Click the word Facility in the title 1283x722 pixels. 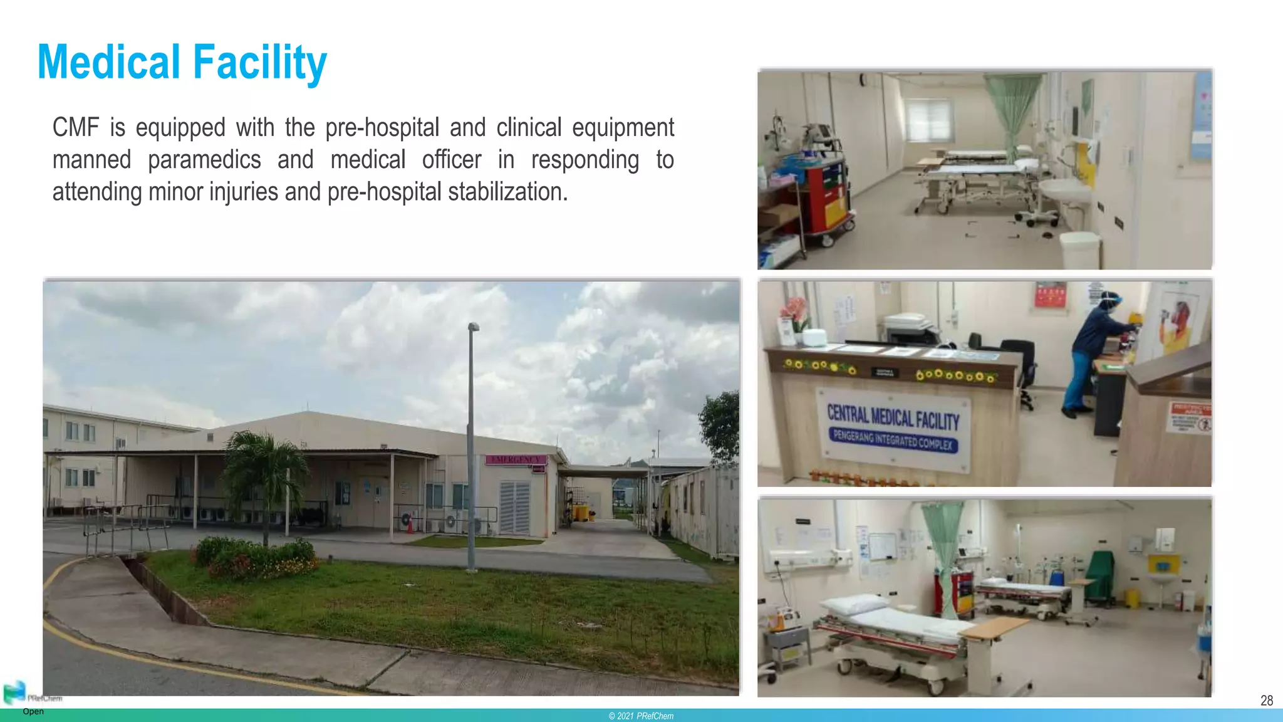(259, 63)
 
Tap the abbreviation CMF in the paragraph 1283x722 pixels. (76, 128)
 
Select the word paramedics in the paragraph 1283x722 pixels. (204, 160)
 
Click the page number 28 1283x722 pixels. (1266, 700)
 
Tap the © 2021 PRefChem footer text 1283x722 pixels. (641, 716)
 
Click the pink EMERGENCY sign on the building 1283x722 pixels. (516, 460)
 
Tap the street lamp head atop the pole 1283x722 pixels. (474, 327)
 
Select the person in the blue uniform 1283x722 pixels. (1093, 351)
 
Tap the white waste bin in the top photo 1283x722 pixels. (1079, 249)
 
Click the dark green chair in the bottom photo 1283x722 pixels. (1100, 574)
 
